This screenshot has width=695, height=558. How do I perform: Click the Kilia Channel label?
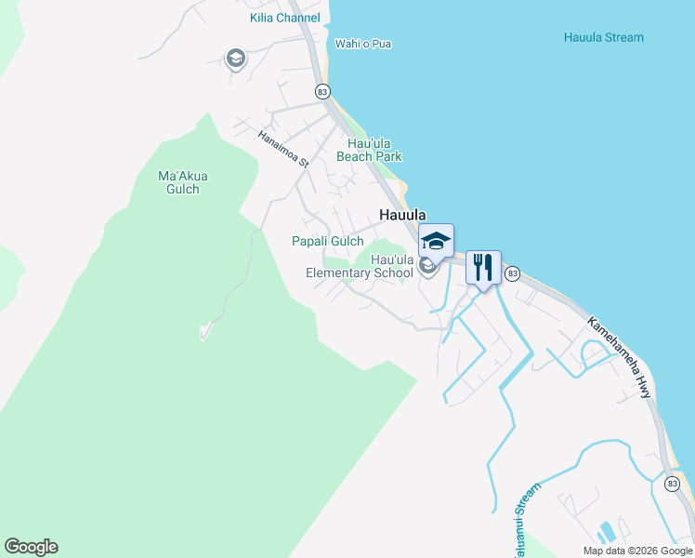[284, 18]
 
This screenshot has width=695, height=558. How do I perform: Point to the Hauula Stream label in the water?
[603, 37]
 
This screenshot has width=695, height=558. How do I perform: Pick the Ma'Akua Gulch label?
[179, 182]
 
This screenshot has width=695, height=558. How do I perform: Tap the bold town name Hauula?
[402, 215]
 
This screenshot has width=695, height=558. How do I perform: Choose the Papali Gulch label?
[328, 241]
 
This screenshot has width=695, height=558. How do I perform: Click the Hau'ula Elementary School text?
[361, 266]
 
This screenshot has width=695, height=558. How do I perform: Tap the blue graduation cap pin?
[436, 240]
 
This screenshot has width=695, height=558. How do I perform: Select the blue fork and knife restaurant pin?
[483, 267]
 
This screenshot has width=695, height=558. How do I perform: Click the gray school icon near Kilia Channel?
[236, 59]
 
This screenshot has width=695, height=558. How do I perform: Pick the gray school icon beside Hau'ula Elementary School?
[427, 267]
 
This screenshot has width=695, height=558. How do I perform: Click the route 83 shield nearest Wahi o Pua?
[322, 91]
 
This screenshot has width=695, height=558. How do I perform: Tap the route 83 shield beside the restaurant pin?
[512, 273]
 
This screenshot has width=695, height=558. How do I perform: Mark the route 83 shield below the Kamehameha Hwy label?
[672, 483]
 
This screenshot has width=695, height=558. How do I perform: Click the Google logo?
[32, 547]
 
